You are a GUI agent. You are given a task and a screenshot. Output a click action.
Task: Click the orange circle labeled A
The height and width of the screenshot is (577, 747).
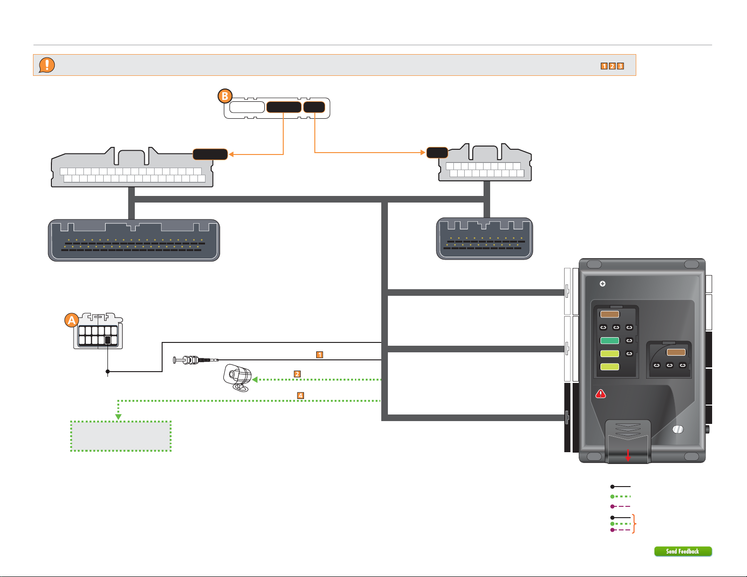click(72, 320)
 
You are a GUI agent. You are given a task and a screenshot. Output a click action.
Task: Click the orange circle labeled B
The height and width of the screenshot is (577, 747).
click(225, 96)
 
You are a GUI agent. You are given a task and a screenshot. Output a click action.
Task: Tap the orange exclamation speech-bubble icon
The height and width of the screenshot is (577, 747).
click(47, 65)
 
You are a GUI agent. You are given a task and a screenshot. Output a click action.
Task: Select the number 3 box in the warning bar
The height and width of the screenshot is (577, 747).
click(620, 66)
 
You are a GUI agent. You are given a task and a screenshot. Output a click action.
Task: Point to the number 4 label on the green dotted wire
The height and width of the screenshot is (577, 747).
click(301, 395)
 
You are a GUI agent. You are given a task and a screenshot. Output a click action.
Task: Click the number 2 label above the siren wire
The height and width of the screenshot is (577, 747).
click(297, 374)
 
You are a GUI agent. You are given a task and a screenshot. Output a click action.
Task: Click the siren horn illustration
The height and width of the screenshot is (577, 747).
click(237, 377)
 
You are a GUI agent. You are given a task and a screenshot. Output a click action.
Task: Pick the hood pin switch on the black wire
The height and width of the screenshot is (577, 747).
click(196, 360)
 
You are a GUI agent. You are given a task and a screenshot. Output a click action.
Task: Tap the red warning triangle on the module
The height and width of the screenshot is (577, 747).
click(600, 394)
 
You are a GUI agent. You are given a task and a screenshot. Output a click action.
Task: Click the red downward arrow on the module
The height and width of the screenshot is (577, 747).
click(628, 455)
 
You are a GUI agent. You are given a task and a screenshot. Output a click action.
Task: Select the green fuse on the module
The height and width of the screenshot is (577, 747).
click(609, 341)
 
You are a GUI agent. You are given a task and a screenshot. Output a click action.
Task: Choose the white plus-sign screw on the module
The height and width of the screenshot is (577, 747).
click(603, 284)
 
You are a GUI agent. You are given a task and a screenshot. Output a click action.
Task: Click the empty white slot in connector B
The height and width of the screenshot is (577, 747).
click(247, 107)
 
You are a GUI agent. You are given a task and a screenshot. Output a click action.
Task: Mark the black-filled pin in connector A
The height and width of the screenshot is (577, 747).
click(107, 340)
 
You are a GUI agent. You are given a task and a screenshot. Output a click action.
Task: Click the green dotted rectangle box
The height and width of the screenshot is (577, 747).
click(121, 436)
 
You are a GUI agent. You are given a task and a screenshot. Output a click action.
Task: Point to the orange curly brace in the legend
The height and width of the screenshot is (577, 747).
click(634, 523)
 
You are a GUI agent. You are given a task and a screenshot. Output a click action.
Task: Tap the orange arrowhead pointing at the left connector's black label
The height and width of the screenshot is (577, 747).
click(231, 154)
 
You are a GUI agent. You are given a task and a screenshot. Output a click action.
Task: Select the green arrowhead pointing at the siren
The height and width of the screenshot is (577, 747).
click(254, 380)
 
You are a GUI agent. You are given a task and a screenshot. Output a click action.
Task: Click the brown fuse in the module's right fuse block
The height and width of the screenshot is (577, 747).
click(676, 352)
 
